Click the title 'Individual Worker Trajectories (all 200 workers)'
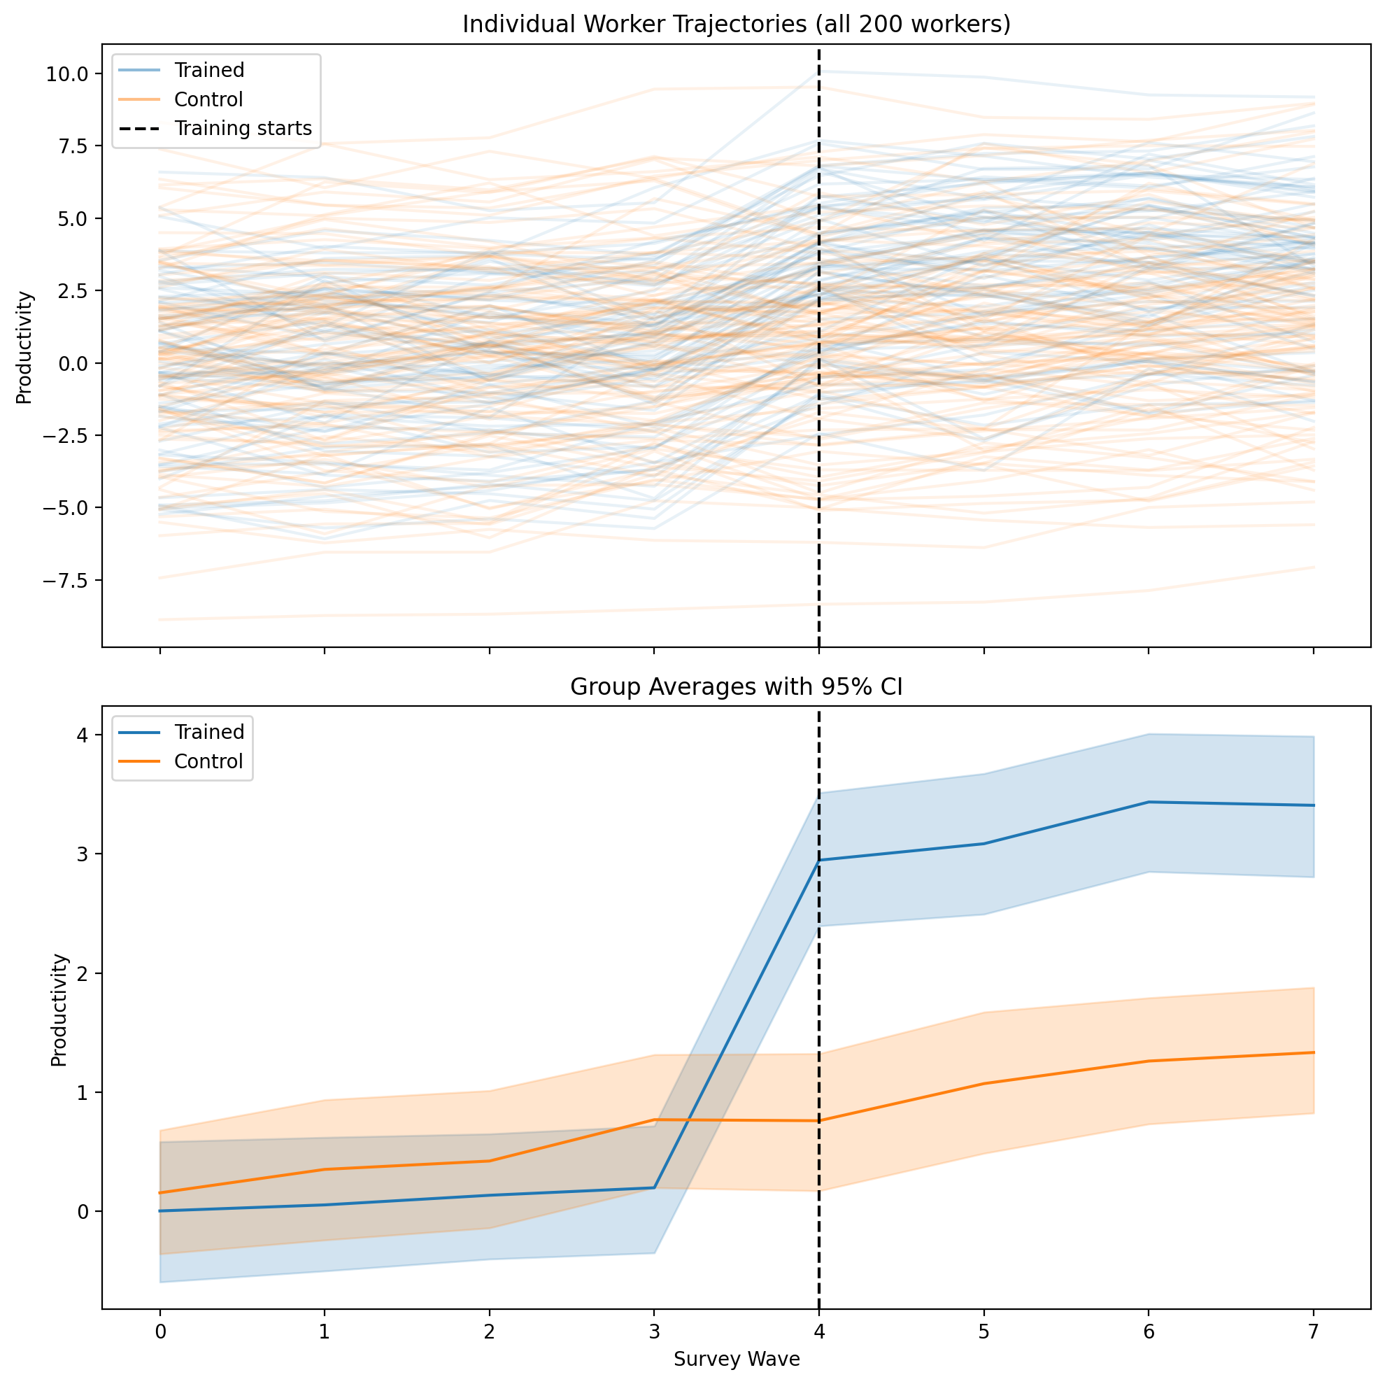737,24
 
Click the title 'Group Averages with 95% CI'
737,687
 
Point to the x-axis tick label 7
1314,1332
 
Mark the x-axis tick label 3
654,1332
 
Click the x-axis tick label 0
160,1332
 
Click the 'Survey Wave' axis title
737,1359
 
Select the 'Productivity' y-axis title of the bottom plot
59,1010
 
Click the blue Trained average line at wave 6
1149,802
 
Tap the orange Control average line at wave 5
983,1083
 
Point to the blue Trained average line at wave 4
818,860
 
